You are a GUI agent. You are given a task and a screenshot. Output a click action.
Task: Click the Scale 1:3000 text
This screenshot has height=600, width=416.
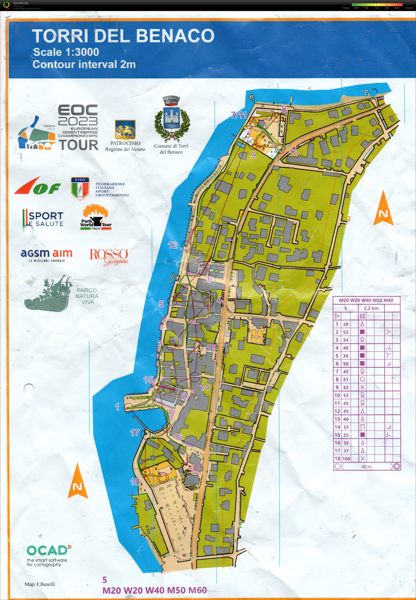[66, 52]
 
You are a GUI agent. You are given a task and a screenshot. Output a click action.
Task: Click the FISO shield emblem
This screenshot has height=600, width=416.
[80, 188]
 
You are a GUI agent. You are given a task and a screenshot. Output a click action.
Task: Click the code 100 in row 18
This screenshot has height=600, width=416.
[346, 459]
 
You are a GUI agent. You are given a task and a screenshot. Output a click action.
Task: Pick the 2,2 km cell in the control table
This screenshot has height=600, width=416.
[371, 308]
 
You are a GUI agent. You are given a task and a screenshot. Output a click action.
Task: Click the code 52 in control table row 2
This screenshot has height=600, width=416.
[346, 332]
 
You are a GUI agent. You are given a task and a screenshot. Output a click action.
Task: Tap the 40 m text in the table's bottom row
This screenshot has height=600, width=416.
[366, 467]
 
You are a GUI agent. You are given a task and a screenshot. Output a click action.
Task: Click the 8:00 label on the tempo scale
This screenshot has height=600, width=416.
[397, 8]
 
